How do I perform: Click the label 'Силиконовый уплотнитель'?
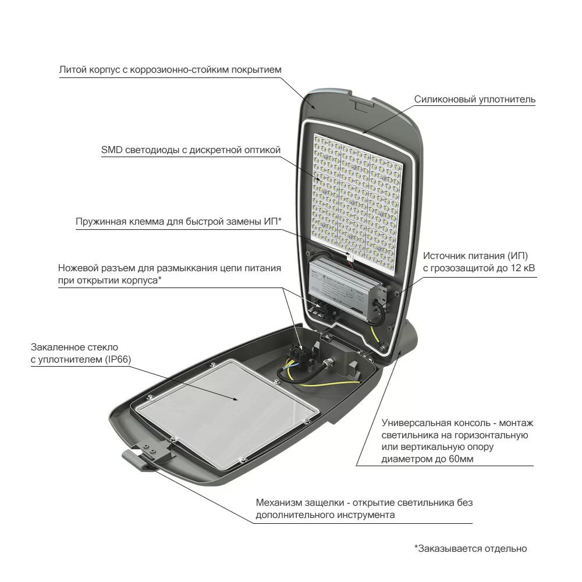pos(475,99)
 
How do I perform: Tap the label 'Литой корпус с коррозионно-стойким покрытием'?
pos(171,70)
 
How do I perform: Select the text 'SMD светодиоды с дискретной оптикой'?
pos(191,150)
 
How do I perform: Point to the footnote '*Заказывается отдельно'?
pos(471,549)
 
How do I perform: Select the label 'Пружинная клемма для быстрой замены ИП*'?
pos(179,222)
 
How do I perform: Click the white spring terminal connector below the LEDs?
pos(349,257)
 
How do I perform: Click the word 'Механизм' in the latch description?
pos(279,503)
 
